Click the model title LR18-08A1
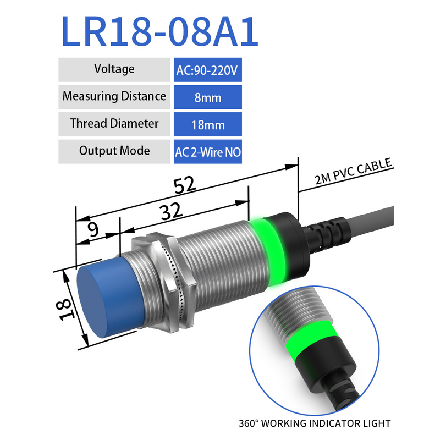[x=159, y=31]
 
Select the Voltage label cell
[x=114, y=70]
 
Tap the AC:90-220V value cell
[x=208, y=70]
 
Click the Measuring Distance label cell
[x=114, y=97]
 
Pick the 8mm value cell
[x=208, y=97]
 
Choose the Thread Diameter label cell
[x=114, y=124]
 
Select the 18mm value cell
[x=208, y=124]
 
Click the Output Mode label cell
[x=114, y=152]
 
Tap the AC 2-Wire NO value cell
[x=208, y=152]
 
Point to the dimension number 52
[x=184, y=185]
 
